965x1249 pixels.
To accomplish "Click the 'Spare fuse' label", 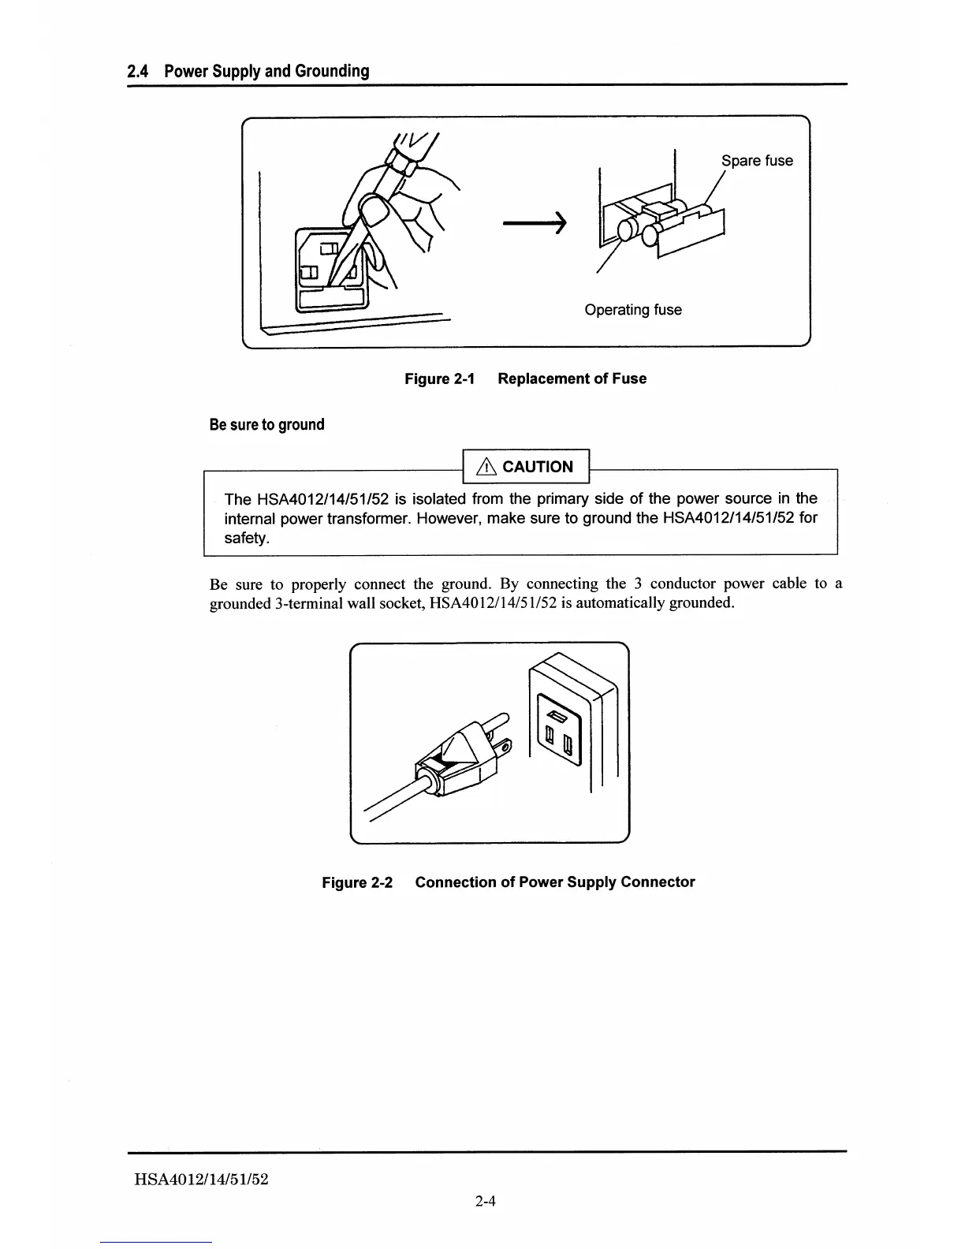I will tap(757, 161).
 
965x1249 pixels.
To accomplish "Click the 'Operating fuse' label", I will tap(633, 310).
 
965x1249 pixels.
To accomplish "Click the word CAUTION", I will tap(538, 467).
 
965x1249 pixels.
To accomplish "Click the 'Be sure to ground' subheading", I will tap(267, 425).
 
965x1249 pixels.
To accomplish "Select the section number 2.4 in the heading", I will tap(138, 72).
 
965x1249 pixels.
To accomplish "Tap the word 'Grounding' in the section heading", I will tap(332, 72).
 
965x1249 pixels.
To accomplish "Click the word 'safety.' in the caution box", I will tap(248, 539).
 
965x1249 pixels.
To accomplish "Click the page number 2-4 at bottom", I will tap(485, 1202).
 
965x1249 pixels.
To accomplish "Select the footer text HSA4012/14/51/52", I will tap(202, 1180).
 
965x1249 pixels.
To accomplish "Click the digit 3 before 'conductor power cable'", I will tap(635, 584).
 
